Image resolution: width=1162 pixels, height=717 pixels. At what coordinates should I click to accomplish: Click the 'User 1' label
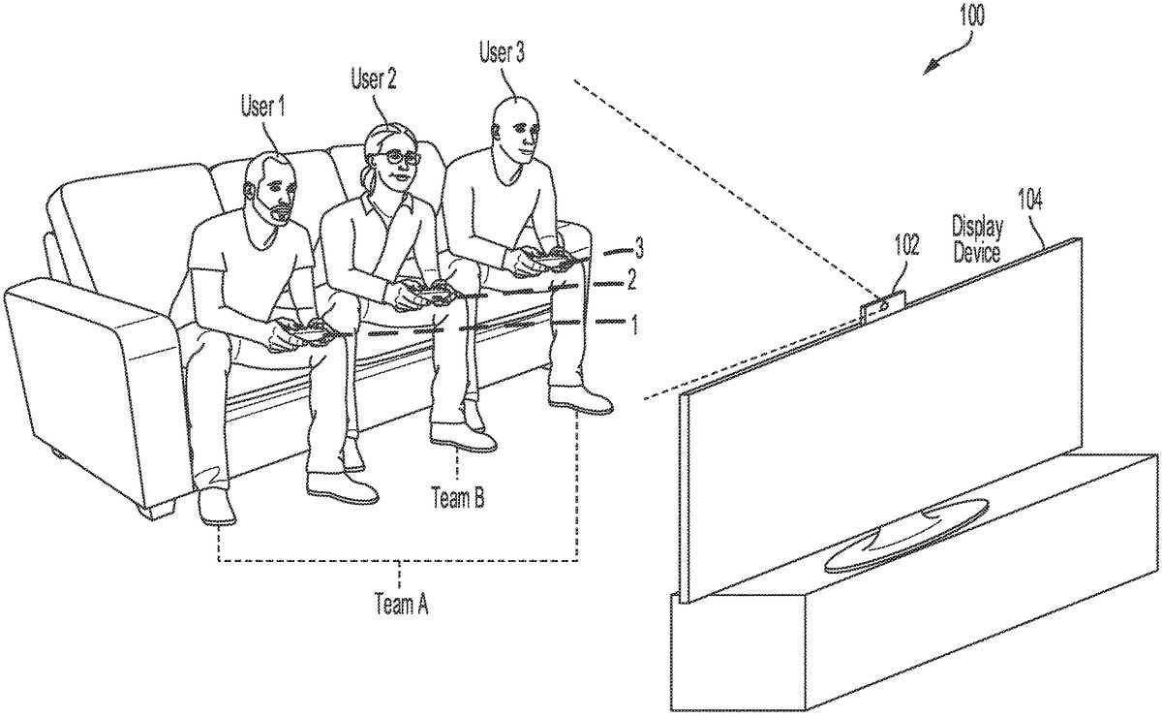[x=262, y=107]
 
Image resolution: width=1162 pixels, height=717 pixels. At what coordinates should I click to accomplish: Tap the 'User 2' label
[x=374, y=79]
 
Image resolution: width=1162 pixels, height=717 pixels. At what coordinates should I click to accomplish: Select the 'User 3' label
[x=502, y=53]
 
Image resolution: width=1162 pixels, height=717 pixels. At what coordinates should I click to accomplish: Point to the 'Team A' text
[x=402, y=604]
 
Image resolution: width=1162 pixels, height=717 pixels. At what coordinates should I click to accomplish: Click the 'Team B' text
[x=458, y=497]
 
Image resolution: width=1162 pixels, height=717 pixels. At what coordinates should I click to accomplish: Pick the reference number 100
[x=972, y=16]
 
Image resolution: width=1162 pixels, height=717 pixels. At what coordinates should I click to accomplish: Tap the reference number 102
[x=906, y=245]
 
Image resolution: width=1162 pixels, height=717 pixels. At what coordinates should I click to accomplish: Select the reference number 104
[x=1029, y=200]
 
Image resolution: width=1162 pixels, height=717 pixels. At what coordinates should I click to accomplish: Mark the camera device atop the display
[x=883, y=305]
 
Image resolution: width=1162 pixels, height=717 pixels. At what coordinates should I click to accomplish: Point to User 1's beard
[x=280, y=213]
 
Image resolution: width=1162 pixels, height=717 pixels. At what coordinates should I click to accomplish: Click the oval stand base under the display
[x=905, y=535]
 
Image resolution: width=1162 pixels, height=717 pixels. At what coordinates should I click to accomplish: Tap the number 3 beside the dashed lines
[x=639, y=249]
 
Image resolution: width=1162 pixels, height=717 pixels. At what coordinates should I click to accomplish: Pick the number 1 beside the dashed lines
[x=633, y=325]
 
